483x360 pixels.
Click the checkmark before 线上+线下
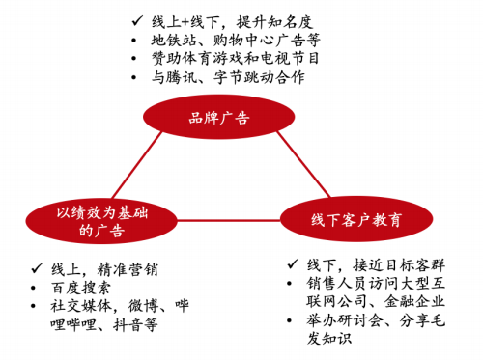point(135,19)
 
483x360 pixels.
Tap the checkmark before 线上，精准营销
point(35,269)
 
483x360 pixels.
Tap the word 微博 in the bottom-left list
point(140,307)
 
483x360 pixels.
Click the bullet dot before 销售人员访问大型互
point(293,284)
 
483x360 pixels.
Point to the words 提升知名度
point(265,19)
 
